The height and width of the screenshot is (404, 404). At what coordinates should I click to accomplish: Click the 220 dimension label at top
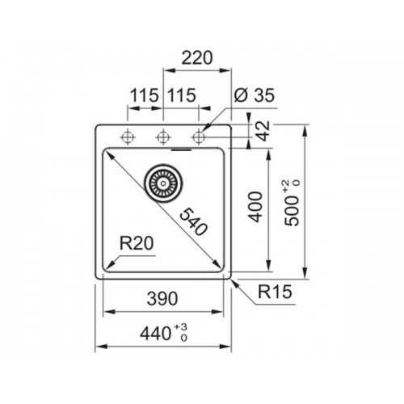(x=197, y=58)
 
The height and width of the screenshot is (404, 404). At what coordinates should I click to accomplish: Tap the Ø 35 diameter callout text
(x=255, y=95)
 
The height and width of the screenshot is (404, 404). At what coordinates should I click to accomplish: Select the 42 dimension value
(x=263, y=131)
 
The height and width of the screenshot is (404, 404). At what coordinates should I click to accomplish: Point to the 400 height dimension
(x=255, y=207)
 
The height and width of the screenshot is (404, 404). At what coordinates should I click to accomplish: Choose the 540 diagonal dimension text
(x=193, y=222)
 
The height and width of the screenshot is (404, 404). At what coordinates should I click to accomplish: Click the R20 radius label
(x=137, y=243)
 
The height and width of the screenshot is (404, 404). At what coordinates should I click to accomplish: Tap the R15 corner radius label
(x=275, y=292)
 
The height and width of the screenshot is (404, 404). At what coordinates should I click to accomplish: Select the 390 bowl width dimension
(x=162, y=298)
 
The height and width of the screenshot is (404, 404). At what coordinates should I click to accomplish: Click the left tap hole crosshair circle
(x=128, y=137)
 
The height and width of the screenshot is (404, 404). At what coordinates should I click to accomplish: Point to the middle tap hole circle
(x=163, y=137)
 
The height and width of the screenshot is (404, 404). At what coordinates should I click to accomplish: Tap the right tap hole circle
(x=199, y=137)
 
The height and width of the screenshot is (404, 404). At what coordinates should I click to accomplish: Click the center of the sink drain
(x=163, y=183)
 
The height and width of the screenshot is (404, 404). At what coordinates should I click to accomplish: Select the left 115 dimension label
(x=144, y=95)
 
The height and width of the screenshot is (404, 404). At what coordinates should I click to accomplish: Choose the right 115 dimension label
(x=182, y=95)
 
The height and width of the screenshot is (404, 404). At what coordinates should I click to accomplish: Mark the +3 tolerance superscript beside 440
(x=180, y=327)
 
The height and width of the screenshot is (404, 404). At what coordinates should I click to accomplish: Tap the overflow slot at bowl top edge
(x=181, y=149)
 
